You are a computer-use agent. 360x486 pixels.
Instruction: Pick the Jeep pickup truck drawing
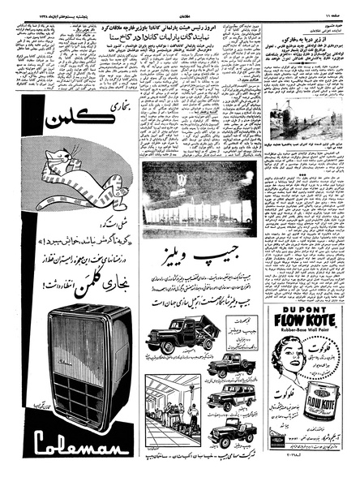click(x=229, y=365)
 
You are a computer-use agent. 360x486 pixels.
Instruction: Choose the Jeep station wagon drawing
click(x=230, y=397)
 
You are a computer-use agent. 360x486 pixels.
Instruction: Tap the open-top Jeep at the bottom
click(x=231, y=431)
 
